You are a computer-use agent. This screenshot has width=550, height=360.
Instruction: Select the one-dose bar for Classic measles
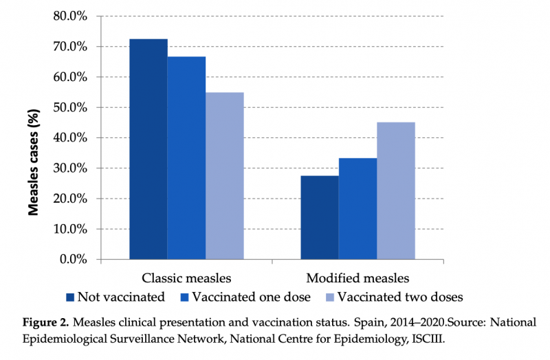click(x=186, y=158)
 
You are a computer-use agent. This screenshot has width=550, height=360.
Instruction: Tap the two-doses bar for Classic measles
click(x=224, y=176)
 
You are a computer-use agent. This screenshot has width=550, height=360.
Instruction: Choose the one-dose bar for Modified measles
click(x=357, y=209)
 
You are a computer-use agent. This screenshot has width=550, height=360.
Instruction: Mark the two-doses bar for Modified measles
click(x=395, y=191)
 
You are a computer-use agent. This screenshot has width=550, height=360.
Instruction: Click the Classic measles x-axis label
click(x=186, y=279)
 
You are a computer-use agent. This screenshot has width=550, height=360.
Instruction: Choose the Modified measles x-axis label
click(x=357, y=279)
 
